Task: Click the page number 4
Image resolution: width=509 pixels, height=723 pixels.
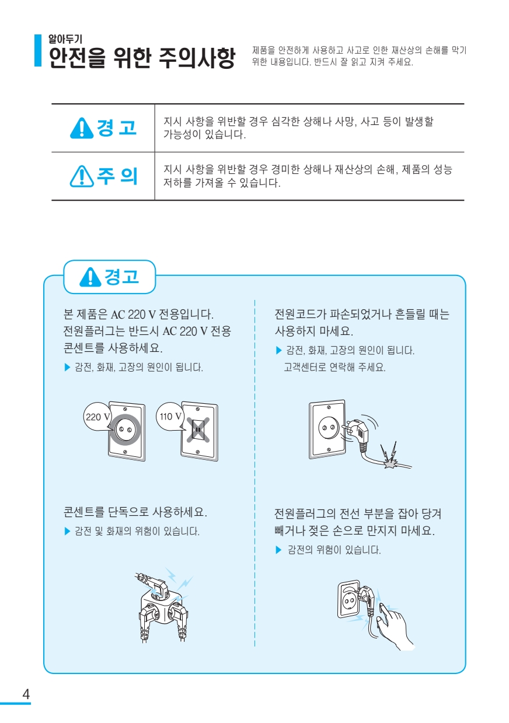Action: [26, 694]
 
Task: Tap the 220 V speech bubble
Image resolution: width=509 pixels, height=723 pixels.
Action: [98, 417]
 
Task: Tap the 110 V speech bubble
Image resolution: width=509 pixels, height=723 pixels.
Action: [170, 417]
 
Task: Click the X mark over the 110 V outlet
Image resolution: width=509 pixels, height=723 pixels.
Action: [198, 429]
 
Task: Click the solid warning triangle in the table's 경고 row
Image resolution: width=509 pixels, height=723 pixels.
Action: [82, 128]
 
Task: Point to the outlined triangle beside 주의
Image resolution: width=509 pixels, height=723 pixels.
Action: [82, 176]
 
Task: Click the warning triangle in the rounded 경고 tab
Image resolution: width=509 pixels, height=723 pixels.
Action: [90, 277]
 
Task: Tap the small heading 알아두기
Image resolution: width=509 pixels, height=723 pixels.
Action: [65, 39]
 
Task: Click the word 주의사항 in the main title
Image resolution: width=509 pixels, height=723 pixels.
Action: [197, 58]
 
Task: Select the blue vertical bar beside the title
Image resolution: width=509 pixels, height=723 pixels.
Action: [38, 50]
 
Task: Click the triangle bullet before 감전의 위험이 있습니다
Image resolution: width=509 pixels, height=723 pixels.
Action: [278, 550]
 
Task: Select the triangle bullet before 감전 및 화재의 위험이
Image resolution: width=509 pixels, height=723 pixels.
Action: [67, 531]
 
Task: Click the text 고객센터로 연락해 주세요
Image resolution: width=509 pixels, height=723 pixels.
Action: [334, 367]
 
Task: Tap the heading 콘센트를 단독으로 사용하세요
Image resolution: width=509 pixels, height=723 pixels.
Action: [135, 512]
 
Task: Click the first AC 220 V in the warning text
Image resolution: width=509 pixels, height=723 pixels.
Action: [134, 314]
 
